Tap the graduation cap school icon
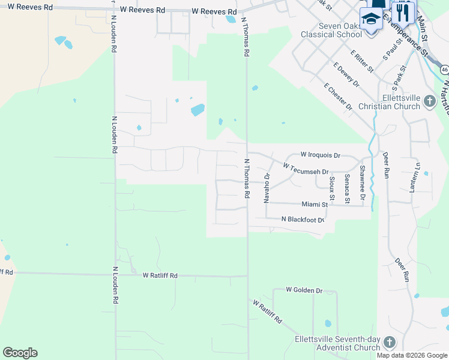pyautogui.click(x=372, y=19)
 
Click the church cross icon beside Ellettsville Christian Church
pyautogui.click(x=429, y=101)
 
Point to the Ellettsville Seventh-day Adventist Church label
pyautogui.click(x=337, y=343)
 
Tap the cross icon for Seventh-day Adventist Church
pyautogui.click(x=389, y=343)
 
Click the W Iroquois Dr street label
pyautogui.click(x=320, y=155)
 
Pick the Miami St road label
pyautogui.click(x=315, y=205)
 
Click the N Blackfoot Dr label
pyautogui.click(x=303, y=220)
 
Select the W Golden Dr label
pyautogui.click(x=304, y=290)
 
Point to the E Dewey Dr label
pyautogui.click(x=346, y=74)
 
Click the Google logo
pyautogui.click(x=20, y=353)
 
